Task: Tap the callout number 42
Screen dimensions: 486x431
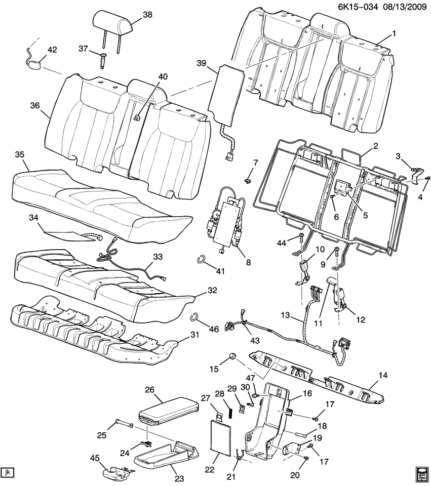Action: (52, 50)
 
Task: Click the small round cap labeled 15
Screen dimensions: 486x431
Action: (231, 357)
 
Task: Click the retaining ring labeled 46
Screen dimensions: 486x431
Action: (194, 317)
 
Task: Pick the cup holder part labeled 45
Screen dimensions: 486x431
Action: (114, 472)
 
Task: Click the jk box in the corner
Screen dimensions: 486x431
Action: (8, 472)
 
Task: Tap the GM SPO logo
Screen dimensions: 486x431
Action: (421, 472)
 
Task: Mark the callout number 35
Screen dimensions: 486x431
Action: (19, 154)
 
